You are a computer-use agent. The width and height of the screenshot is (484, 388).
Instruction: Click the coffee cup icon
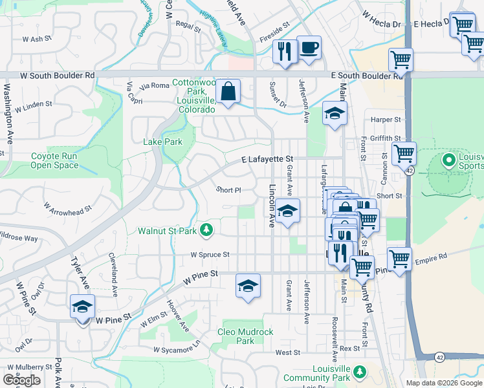pos(309,48)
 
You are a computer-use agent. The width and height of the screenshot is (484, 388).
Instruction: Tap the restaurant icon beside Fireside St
pos(285,50)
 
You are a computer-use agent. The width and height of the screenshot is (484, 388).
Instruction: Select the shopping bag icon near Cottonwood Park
pos(228,91)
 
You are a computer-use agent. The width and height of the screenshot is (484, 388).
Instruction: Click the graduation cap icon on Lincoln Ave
pos(288,211)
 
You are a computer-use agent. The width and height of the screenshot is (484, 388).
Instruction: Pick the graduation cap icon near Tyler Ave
pos(83,307)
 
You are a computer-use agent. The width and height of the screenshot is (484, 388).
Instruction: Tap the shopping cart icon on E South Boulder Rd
pos(401,60)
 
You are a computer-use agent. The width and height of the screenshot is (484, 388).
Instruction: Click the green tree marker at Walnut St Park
pos(206,230)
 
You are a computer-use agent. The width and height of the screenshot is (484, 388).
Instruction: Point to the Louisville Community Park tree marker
pos(360,372)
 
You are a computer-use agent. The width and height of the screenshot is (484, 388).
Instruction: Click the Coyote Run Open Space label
pos(54,160)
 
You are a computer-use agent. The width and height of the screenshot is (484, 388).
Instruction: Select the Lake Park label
pos(162,142)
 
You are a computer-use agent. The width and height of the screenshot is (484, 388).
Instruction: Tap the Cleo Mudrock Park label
pos(245,336)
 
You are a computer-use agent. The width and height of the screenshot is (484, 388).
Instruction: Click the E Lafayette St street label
pos(267,158)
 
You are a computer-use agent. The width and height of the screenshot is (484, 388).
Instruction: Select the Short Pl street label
pos(228,190)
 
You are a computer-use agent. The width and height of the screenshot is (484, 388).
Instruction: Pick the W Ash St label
pos(37,39)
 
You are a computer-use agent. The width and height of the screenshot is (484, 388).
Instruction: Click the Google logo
pos(21,380)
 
